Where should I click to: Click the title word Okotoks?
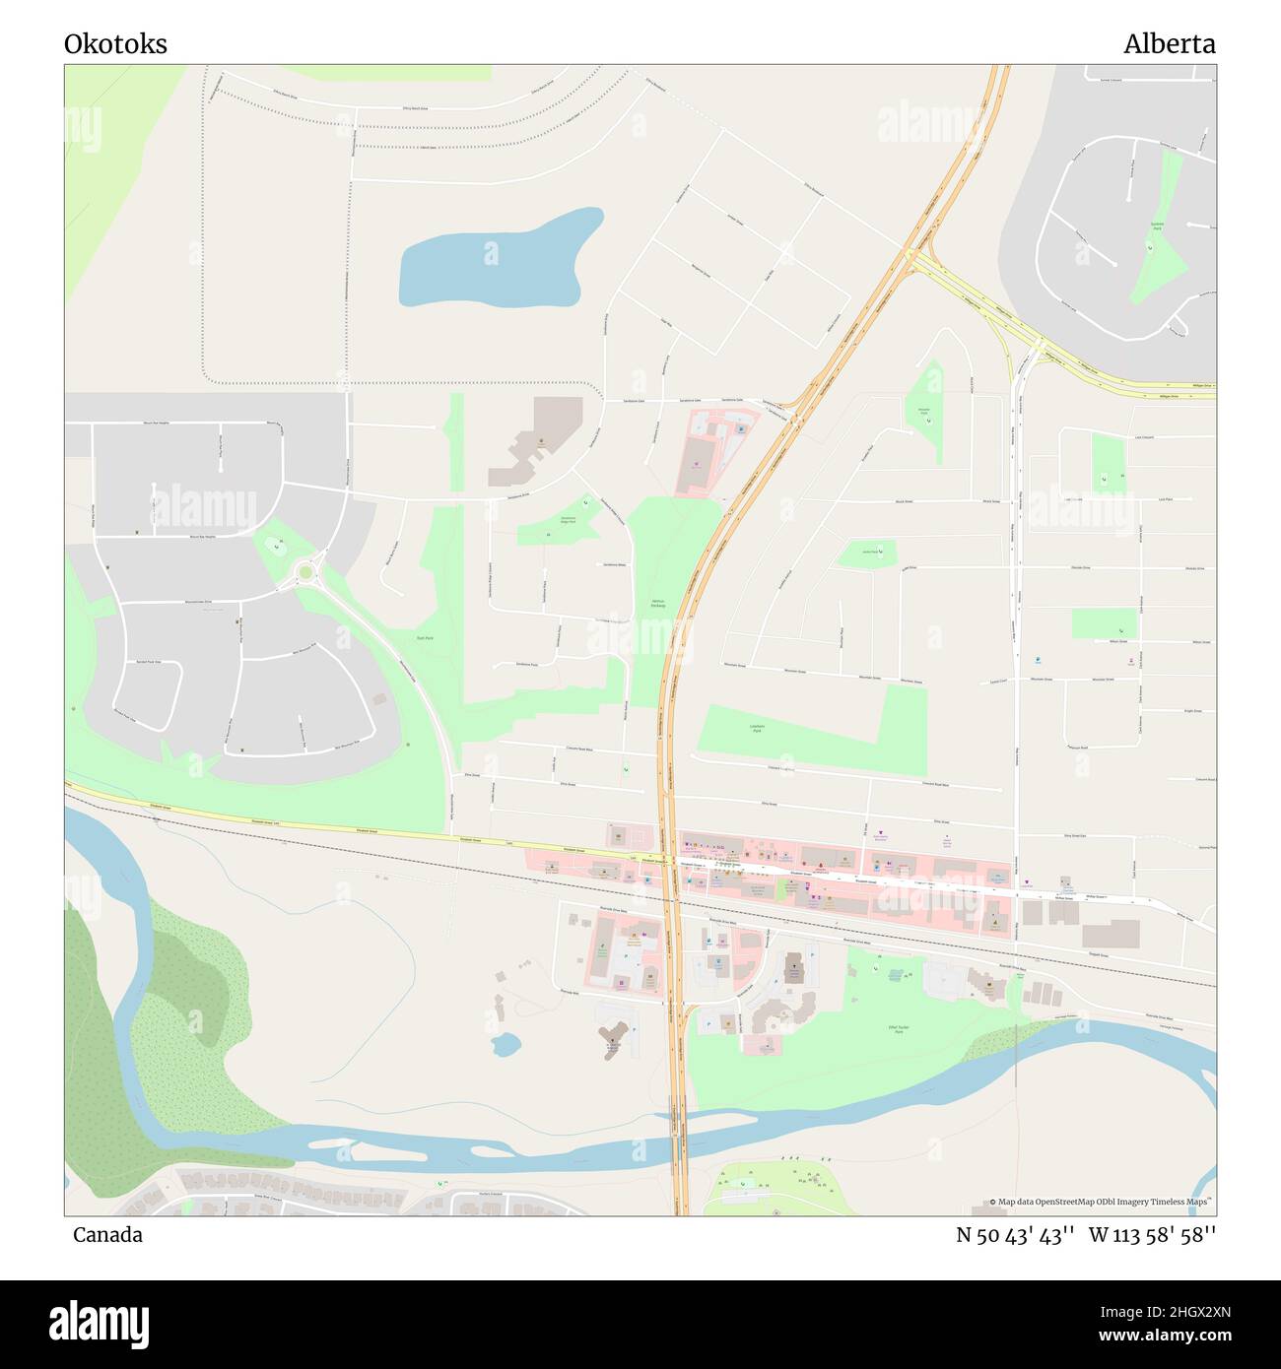click(115, 44)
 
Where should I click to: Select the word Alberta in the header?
click(1169, 44)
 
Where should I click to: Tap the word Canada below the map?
click(107, 1235)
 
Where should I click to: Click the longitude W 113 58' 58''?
click(1152, 1235)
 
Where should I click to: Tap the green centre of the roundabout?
click(305, 572)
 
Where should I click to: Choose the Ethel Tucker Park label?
click(897, 1029)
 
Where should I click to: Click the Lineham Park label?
click(756, 729)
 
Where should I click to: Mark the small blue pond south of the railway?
click(506, 1045)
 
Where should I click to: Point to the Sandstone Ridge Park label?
click(568, 521)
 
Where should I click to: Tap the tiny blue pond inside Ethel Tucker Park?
click(895, 974)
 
